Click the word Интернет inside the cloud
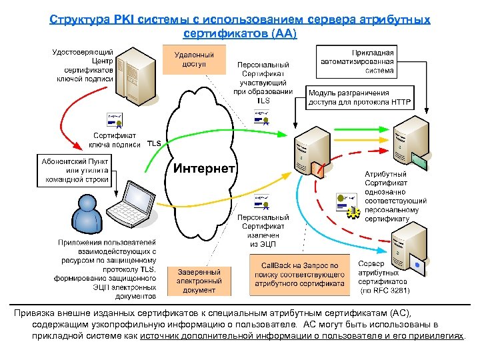pyautogui.click(x=204, y=168)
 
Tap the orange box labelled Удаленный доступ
pyautogui.click(x=194, y=59)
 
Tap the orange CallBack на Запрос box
pyautogui.click(x=299, y=274)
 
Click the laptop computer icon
pyautogui.click(x=134, y=204)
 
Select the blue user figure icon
pyautogui.click(x=82, y=214)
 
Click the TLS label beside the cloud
pyautogui.click(x=154, y=143)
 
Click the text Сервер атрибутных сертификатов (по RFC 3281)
pyautogui.click(x=384, y=277)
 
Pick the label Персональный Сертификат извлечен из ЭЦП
pyautogui.click(x=265, y=231)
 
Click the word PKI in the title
pyautogui.click(x=117, y=20)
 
